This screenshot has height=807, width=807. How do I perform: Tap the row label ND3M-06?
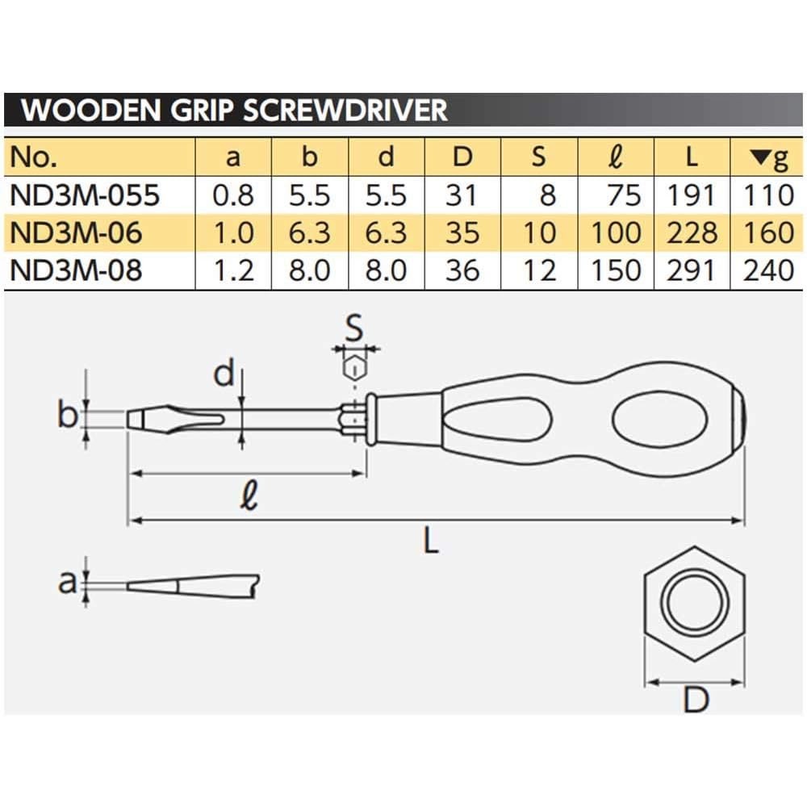point(77,232)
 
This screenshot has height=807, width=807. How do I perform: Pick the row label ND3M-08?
point(77,270)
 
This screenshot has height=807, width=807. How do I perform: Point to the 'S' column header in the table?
point(539,157)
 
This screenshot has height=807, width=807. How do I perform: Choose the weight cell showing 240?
point(768,270)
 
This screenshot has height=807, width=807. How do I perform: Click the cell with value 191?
point(692,194)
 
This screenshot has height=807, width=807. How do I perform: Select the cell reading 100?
point(617,232)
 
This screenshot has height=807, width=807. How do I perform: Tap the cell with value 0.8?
point(233,194)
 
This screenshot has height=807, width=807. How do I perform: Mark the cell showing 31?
point(462,194)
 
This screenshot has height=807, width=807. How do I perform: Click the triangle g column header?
point(767,157)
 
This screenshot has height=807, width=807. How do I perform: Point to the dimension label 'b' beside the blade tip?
point(68,416)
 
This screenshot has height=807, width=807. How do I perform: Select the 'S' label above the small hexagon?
point(353,329)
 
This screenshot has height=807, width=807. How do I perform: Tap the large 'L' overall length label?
point(432,541)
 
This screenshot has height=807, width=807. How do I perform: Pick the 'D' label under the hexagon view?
point(695,700)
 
